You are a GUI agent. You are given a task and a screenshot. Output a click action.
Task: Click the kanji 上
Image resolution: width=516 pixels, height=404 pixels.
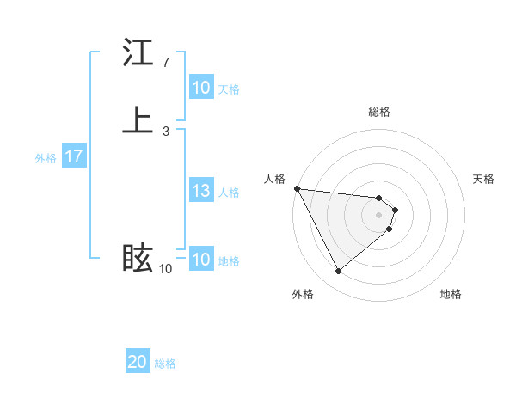138,119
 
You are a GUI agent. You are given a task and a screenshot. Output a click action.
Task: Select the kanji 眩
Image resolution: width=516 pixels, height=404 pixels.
138,259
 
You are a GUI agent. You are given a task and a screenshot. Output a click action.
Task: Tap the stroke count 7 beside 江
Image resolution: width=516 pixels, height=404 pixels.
165,63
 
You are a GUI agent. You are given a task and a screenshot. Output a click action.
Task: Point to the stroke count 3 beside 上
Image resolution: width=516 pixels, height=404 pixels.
165,131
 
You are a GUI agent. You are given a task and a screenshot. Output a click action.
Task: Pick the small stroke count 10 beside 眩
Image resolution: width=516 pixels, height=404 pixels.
165,269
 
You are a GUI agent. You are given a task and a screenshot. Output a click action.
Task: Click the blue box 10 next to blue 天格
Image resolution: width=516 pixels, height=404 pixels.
201,89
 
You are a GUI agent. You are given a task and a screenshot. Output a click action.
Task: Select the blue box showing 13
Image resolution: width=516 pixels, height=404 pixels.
201,192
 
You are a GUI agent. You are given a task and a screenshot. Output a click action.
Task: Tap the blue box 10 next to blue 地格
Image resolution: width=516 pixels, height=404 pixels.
201,260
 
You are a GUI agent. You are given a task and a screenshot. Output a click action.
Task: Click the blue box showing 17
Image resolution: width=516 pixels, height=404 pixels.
74,157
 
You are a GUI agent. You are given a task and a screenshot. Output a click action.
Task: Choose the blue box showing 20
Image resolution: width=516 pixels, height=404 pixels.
138,363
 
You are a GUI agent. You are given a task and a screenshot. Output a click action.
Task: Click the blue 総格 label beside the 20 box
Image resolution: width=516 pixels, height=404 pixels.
165,364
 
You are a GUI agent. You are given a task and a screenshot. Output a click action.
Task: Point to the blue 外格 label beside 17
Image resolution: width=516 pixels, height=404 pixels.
46,158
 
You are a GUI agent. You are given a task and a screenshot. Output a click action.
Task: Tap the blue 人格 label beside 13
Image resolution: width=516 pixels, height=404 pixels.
229,193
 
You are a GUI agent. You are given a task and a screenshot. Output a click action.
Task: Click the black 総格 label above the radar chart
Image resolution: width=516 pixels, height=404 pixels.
379,112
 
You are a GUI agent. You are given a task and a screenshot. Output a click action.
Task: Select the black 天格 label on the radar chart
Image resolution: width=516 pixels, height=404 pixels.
483,179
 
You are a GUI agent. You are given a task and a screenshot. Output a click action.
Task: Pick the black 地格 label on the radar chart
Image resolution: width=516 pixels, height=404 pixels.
451,294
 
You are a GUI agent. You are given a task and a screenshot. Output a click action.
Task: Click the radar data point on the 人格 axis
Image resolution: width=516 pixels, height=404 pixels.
297,188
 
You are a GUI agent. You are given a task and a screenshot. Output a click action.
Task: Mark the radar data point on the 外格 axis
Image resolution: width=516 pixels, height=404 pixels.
338,272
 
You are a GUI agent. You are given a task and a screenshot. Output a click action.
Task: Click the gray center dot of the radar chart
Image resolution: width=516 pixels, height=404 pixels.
379,215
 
